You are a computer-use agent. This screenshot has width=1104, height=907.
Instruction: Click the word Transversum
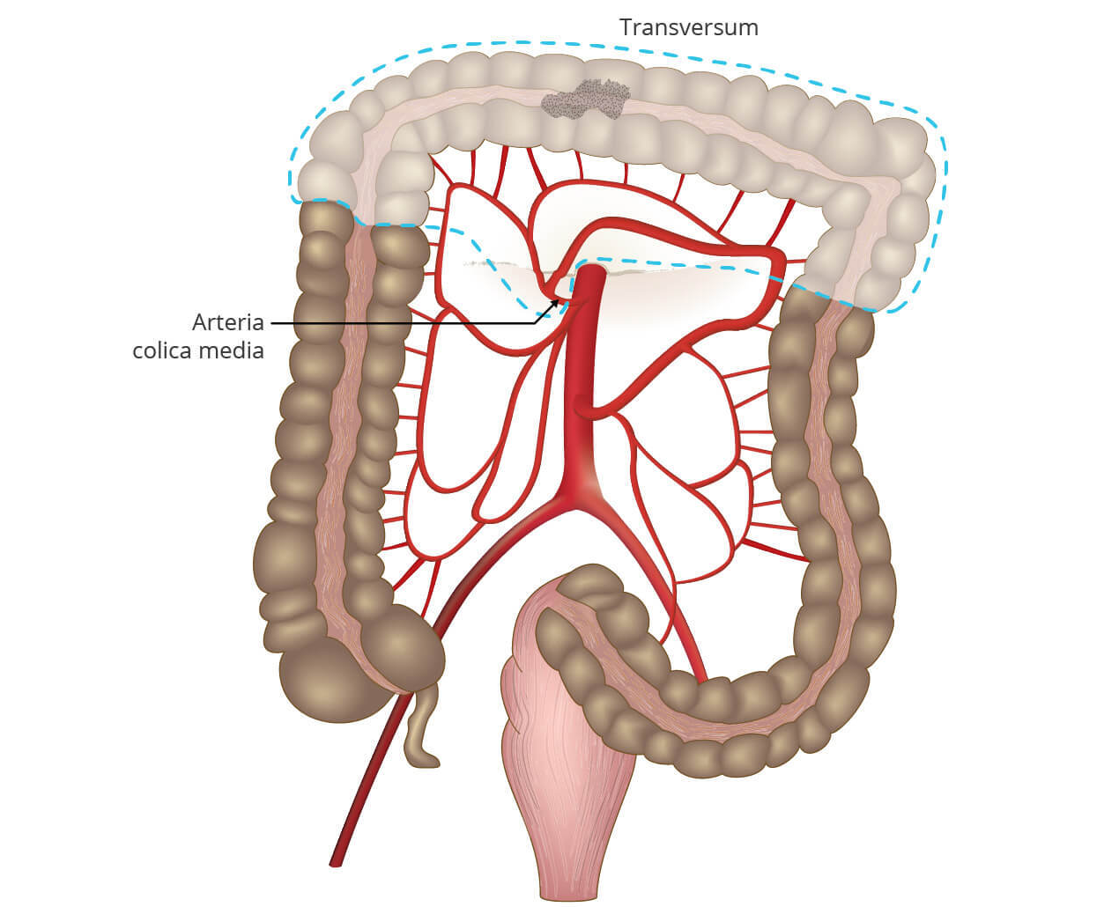(688, 27)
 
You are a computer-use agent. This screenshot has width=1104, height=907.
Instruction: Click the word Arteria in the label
(227, 322)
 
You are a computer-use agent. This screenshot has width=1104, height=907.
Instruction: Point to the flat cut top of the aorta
(589, 269)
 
